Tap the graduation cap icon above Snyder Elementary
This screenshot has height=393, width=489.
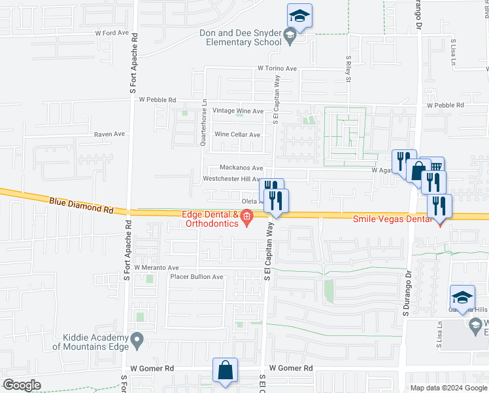click(299, 16)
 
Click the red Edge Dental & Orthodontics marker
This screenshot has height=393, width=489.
click(247, 217)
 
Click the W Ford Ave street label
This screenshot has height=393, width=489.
click(112, 32)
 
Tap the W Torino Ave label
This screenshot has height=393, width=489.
click(277, 68)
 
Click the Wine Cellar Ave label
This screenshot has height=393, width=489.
click(237, 135)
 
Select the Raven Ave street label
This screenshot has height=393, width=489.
click(109, 134)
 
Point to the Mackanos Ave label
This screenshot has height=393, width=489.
click(241, 168)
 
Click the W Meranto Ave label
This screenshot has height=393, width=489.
click(156, 268)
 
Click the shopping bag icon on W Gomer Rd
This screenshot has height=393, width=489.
click(225, 371)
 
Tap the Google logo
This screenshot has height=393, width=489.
click(22, 385)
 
